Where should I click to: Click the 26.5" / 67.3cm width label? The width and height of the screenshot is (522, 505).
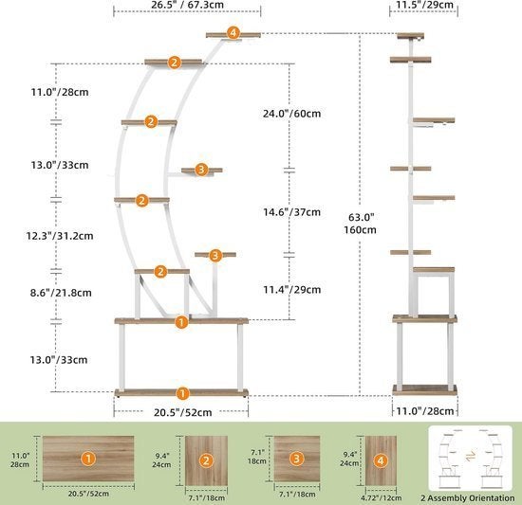pyautogui.click(x=187, y=5)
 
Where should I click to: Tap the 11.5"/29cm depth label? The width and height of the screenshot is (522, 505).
pyautogui.click(x=424, y=5)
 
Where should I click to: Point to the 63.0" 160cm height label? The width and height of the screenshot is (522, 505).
pyautogui.click(x=361, y=224)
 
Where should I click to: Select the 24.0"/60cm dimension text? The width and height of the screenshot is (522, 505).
pyautogui.click(x=292, y=114)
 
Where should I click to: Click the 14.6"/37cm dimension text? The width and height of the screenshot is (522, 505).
pyautogui.click(x=292, y=212)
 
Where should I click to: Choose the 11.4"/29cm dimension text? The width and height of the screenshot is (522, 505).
pyautogui.click(x=292, y=290)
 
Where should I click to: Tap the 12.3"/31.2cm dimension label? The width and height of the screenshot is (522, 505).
pyautogui.click(x=60, y=236)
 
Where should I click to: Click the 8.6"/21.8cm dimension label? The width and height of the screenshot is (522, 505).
pyautogui.click(x=61, y=293)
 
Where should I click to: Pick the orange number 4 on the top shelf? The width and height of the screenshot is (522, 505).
pyautogui.click(x=233, y=33)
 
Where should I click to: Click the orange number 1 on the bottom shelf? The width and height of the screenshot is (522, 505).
pyautogui.click(x=182, y=394)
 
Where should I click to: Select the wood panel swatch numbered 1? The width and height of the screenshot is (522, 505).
pyautogui.click(x=88, y=459)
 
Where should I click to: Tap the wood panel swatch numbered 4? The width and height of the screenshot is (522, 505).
pyautogui.click(x=381, y=460)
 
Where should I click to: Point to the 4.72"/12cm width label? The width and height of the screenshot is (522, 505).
pyautogui.click(x=382, y=498)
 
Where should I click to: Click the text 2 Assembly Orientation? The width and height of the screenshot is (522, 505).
pyautogui.click(x=468, y=498)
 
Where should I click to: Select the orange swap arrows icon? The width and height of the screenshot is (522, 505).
pyautogui.click(x=471, y=455)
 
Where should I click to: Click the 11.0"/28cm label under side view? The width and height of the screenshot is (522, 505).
pyautogui.click(x=425, y=411)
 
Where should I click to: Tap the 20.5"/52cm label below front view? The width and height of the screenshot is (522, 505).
pyautogui.click(x=183, y=413)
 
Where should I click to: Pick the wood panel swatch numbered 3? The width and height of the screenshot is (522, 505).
pyautogui.click(x=297, y=459)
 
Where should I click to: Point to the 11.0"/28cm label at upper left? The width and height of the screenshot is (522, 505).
pyautogui.click(x=60, y=92)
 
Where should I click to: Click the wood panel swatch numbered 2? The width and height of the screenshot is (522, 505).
pyautogui.click(x=206, y=460)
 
